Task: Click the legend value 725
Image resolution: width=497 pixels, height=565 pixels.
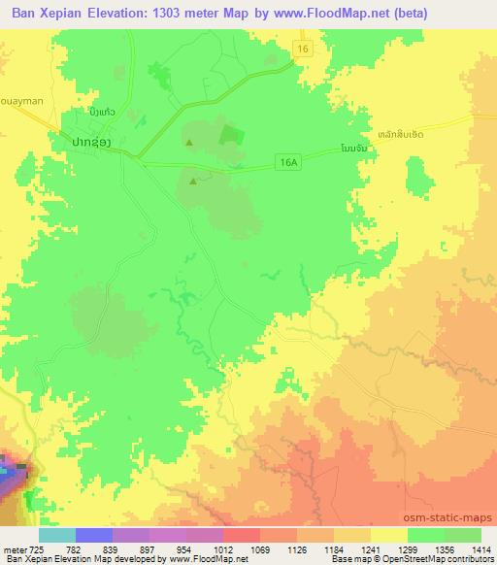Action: tap(35, 548)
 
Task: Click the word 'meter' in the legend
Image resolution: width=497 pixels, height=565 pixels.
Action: tap(15, 548)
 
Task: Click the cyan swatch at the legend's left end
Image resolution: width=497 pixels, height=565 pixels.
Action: tap(56, 535)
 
